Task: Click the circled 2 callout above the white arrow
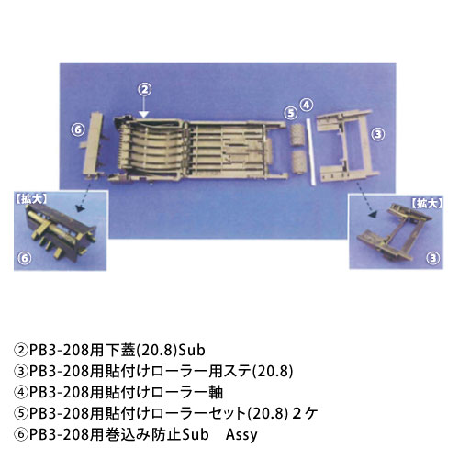(x=145, y=89)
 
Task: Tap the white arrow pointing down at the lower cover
(x=144, y=107)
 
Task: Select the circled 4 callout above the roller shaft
(x=307, y=105)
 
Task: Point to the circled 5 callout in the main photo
(x=290, y=113)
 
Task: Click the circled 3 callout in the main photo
(x=378, y=134)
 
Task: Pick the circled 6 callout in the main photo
(x=78, y=129)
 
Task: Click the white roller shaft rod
(x=310, y=152)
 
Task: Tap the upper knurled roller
(x=297, y=135)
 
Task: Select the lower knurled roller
(x=297, y=162)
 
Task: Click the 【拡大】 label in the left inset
(x=31, y=199)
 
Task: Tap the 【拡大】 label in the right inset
(x=426, y=204)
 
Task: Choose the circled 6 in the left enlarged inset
(x=25, y=259)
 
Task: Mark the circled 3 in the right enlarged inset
(x=432, y=259)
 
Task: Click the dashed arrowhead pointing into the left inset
(x=80, y=209)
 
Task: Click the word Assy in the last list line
(x=241, y=435)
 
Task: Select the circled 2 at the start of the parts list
(x=21, y=351)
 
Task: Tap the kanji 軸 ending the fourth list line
(x=216, y=393)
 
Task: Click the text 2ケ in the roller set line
(x=306, y=414)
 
